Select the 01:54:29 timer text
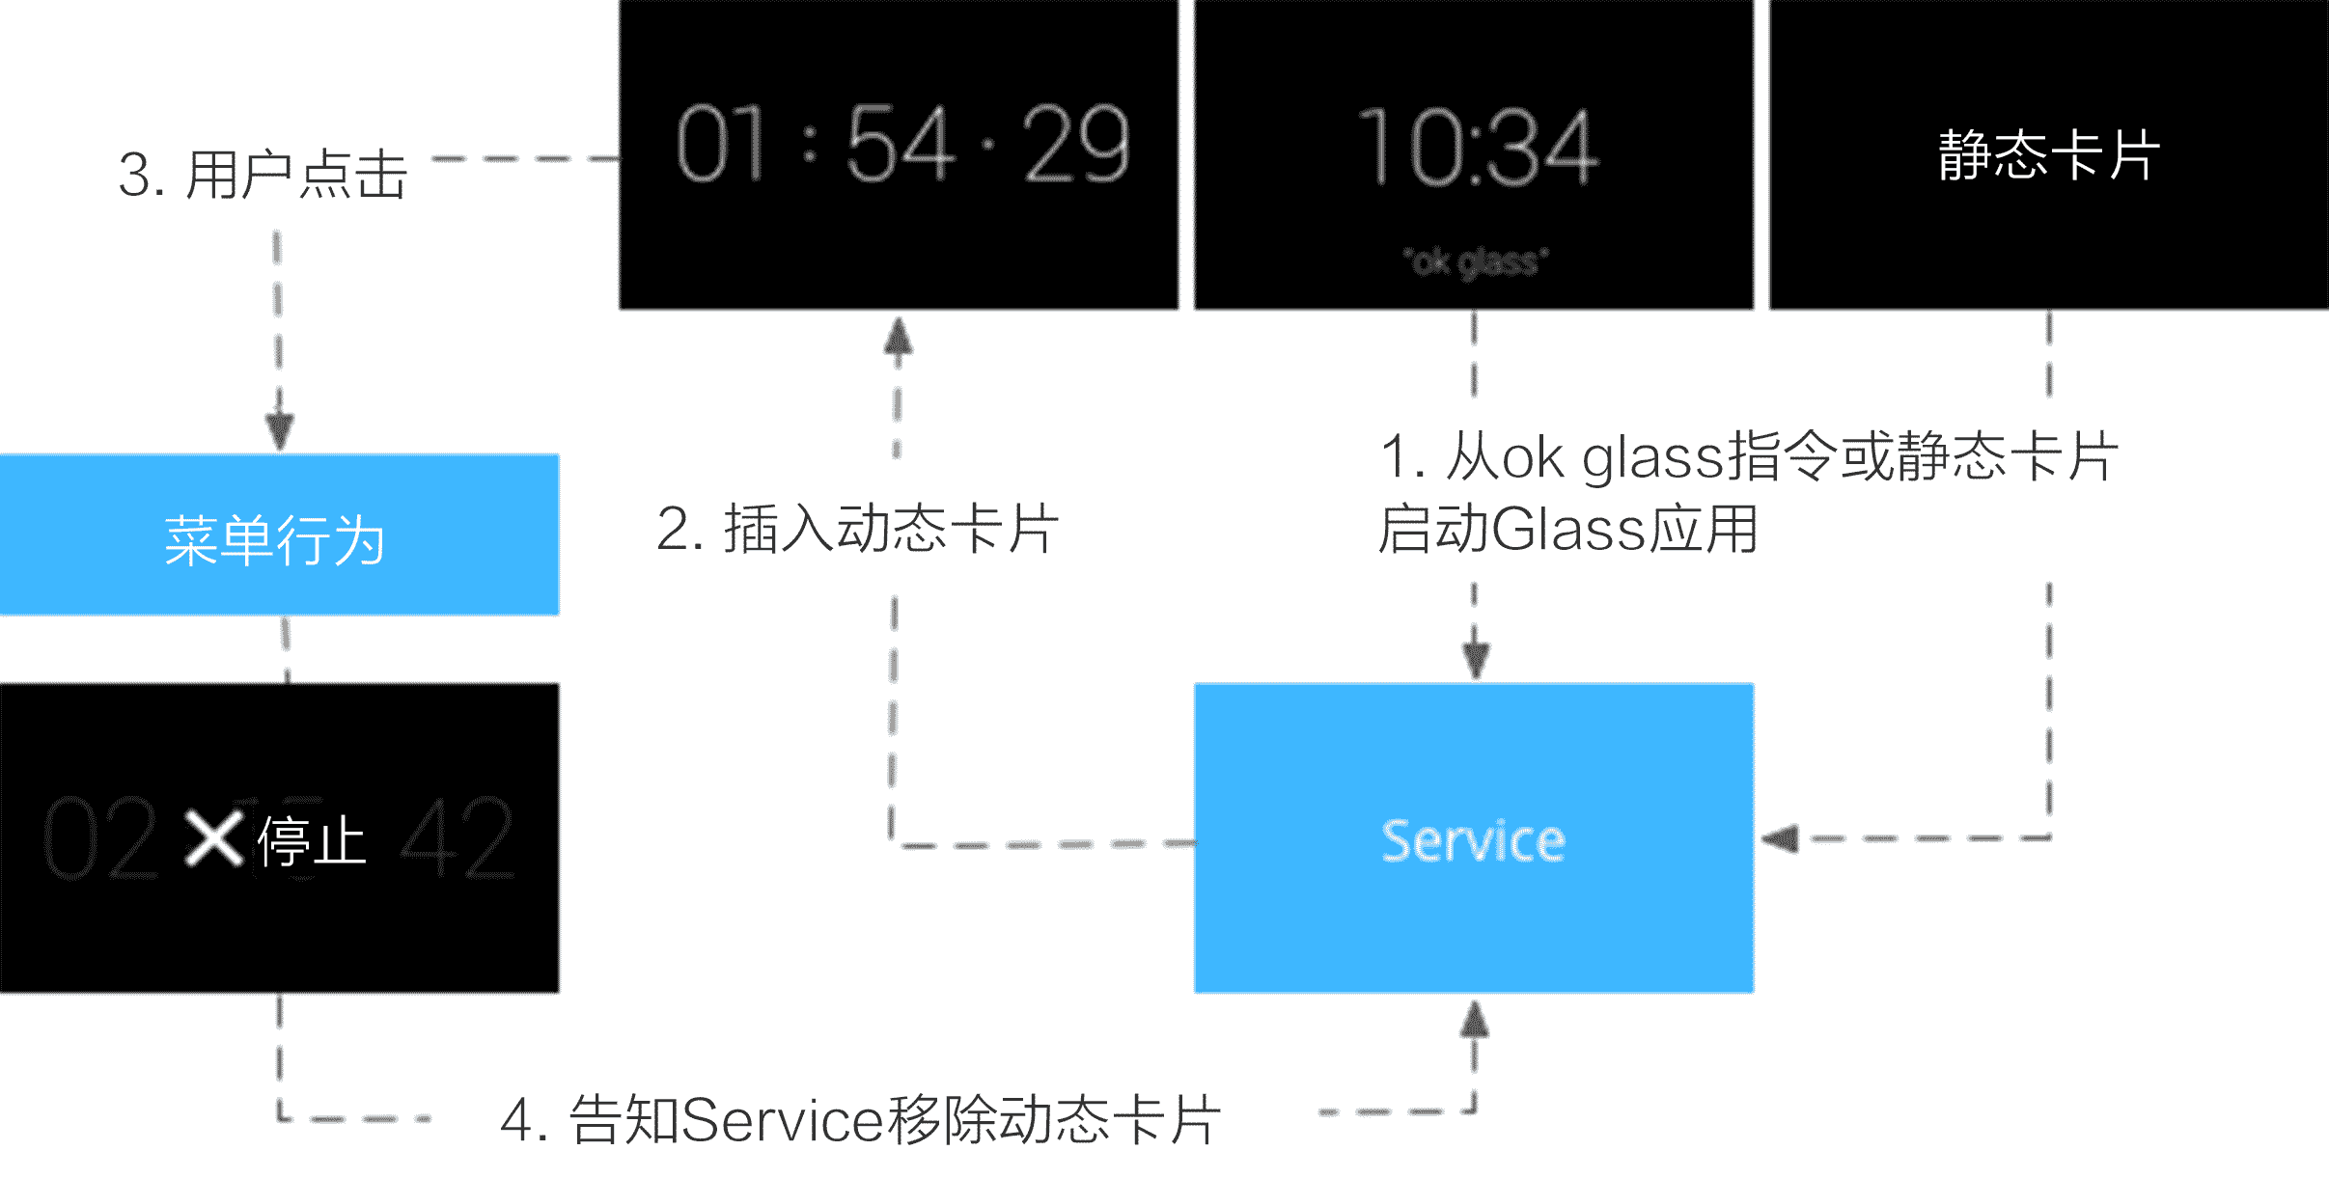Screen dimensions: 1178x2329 (x=901, y=145)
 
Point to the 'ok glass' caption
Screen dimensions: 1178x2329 (x=1476, y=261)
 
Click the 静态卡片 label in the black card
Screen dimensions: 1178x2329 (x=2048, y=154)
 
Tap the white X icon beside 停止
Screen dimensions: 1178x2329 (x=213, y=838)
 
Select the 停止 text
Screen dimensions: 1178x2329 (x=312, y=840)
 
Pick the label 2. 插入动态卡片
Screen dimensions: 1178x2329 (x=857, y=529)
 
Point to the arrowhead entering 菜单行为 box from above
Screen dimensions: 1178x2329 (x=279, y=432)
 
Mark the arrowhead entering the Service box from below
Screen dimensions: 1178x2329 (x=1474, y=1019)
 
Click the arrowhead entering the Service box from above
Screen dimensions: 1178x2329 (x=1475, y=661)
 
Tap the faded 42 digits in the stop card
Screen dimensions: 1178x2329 (x=457, y=838)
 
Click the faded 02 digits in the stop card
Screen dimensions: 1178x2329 (x=100, y=838)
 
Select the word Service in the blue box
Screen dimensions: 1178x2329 (x=1473, y=840)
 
